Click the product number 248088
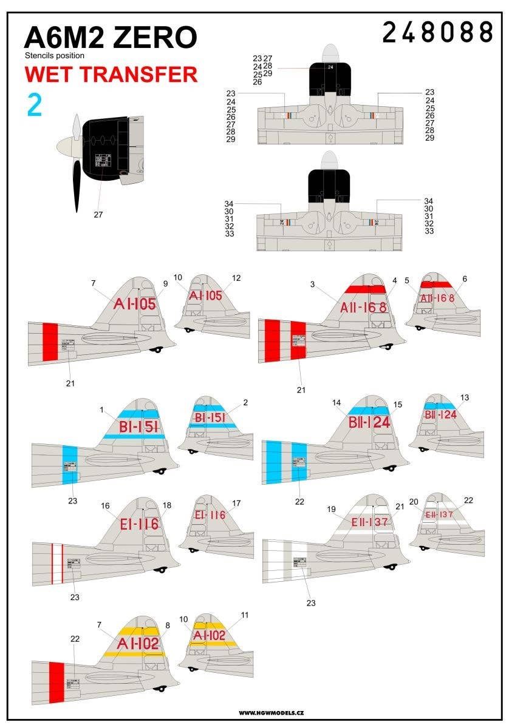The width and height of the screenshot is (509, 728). [x=437, y=32]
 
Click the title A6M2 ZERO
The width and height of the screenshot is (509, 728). [x=110, y=38]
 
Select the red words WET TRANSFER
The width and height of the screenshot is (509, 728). [x=111, y=74]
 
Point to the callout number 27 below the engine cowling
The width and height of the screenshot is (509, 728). [x=98, y=214]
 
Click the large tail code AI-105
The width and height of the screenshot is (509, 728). [x=135, y=304]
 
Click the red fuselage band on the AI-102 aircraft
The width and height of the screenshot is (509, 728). [x=56, y=683]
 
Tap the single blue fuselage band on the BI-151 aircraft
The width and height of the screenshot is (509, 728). [x=70, y=465]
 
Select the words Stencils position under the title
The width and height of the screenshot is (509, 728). [x=55, y=56]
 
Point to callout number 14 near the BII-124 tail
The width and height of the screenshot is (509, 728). [x=336, y=402]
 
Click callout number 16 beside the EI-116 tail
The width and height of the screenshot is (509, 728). [x=106, y=505]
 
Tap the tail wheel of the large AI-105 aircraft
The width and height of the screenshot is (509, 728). [x=160, y=349]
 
